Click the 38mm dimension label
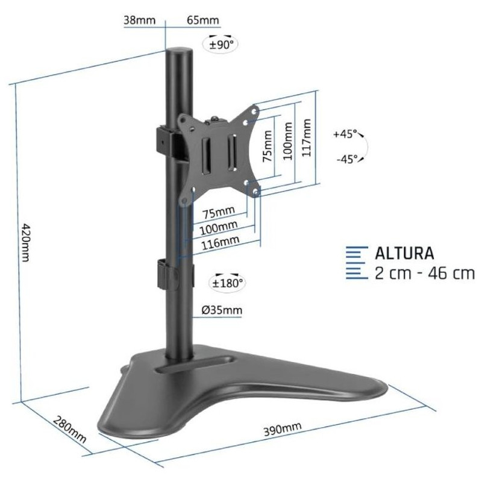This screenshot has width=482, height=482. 140,20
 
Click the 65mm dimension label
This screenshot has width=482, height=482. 203,20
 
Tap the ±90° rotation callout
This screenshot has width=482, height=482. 221,45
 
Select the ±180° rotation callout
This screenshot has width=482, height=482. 227,283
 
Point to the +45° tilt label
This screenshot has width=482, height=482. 345,134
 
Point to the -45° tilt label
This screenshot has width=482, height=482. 347,159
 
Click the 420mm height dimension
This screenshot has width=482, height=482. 25,242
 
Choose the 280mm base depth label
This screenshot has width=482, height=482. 70,429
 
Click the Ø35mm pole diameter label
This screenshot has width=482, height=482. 222,310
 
